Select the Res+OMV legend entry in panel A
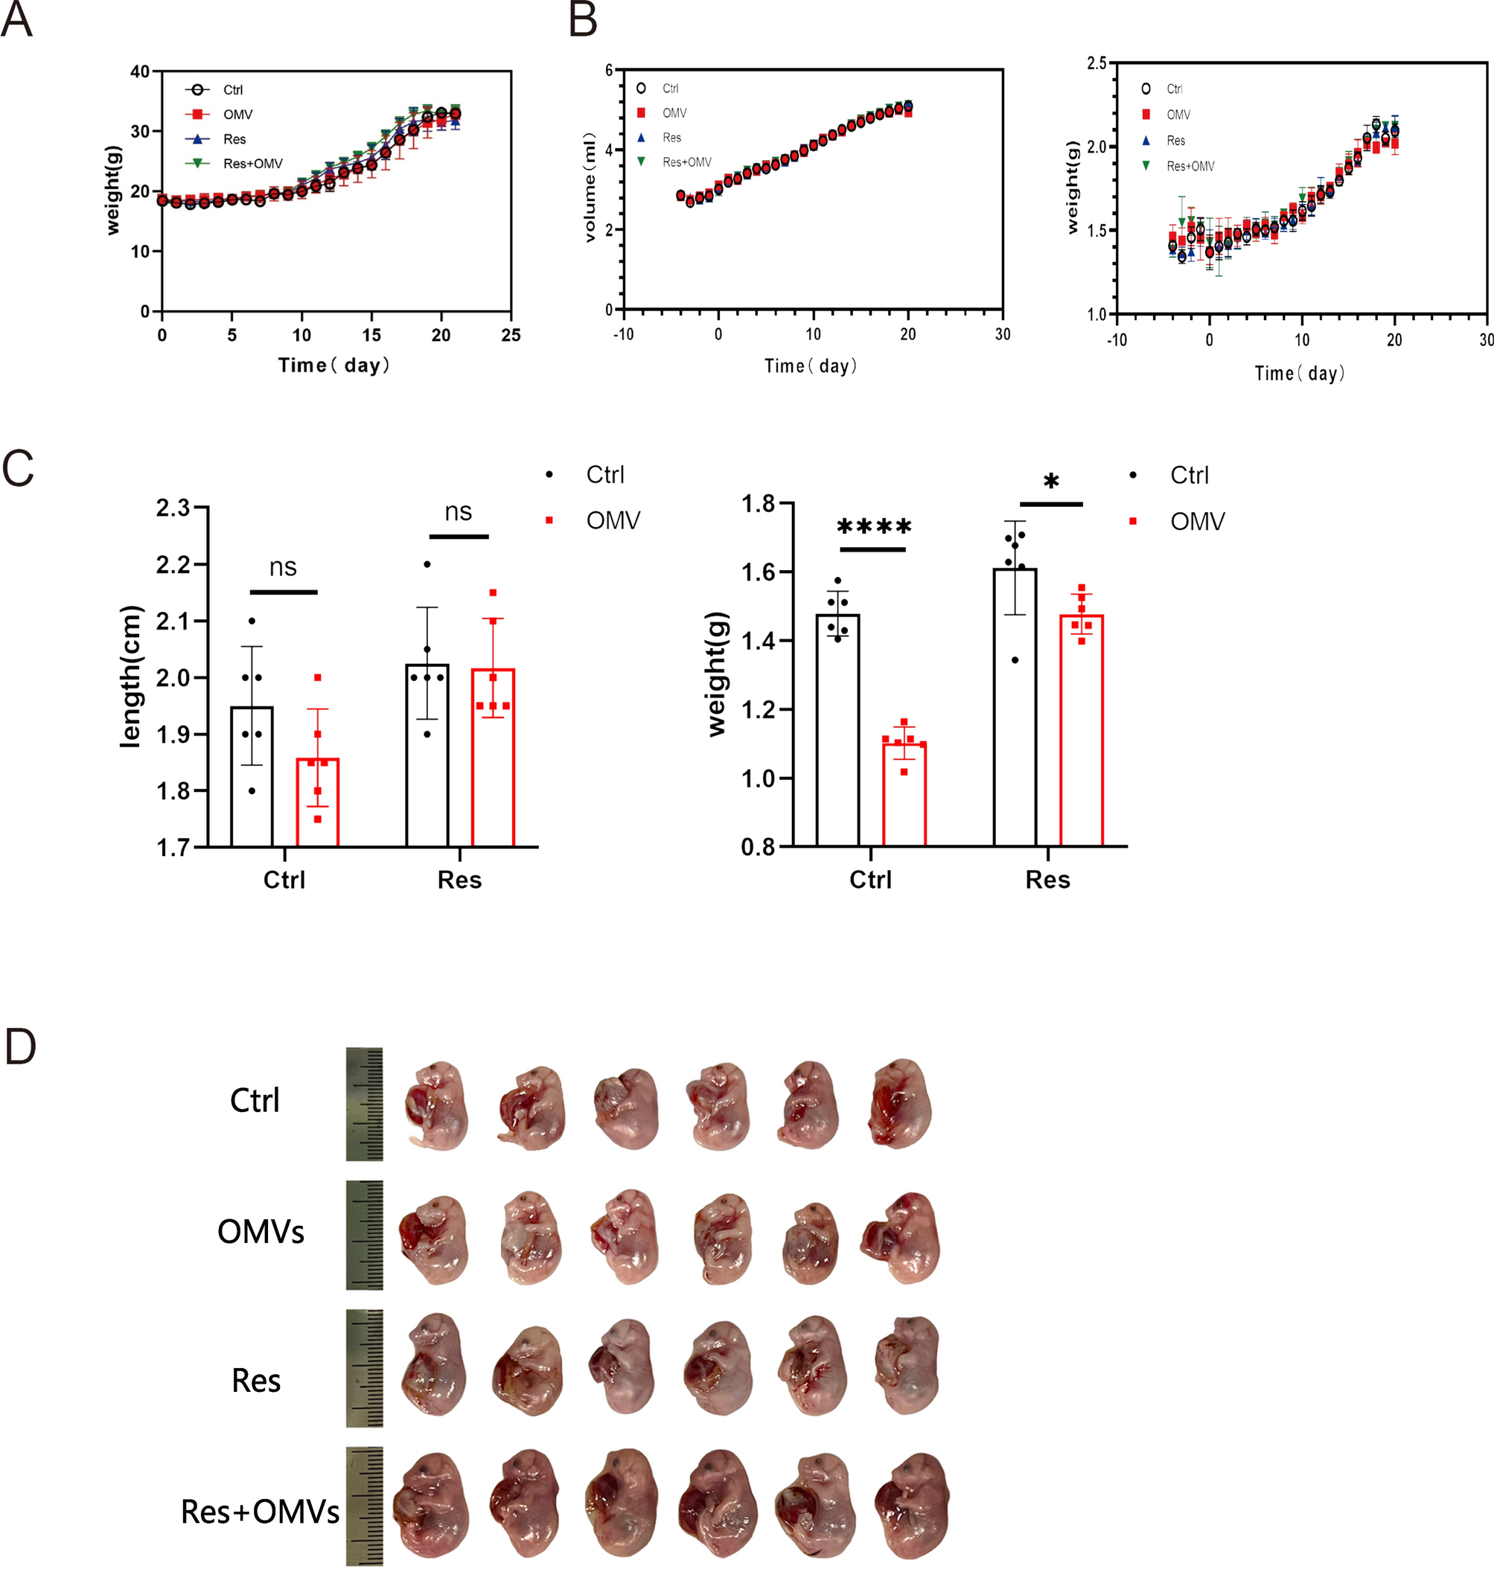click(252, 164)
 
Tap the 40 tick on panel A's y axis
click(140, 71)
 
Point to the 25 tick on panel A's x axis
click(511, 335)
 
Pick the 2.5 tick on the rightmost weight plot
click(1096, 63)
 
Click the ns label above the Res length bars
click(458, 512)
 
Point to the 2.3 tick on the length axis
click(173, 508)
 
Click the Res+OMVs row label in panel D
click(260, 1511)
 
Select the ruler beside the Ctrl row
click(364, 1104)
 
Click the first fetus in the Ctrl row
click(435, 1104)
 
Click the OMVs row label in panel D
click(261, 1232)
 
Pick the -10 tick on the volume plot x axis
click(624, 334)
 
